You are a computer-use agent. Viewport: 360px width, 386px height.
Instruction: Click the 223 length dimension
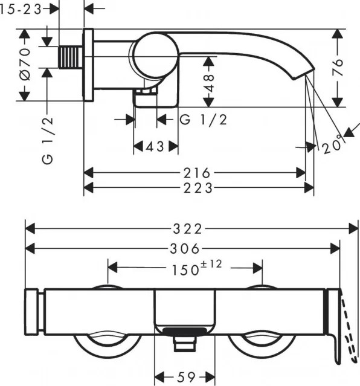(x=199, y=188)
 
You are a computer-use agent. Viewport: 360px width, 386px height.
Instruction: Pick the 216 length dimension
(x=199, y=173)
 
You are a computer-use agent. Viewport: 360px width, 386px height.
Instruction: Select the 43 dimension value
(x=155, y=146)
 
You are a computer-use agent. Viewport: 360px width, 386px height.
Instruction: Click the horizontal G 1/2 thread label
(x=203, y=120)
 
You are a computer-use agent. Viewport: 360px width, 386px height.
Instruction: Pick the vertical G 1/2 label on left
(x=48, y=141)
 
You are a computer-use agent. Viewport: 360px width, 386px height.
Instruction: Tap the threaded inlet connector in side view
(x=71, y=56)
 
